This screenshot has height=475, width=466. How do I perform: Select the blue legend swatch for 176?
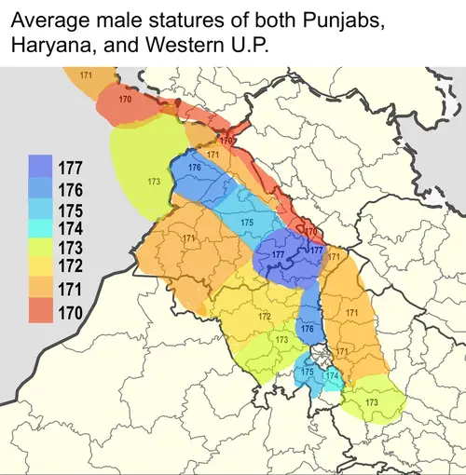(41, 190)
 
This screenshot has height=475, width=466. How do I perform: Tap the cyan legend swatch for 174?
(41, 230)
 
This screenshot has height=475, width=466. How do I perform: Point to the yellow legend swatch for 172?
(41, 270)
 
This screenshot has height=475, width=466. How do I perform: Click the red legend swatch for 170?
(41, 310)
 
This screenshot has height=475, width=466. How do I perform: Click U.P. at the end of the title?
(244, 46)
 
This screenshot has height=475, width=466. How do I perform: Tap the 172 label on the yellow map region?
(265, 318)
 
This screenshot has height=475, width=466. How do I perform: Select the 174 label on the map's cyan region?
(332, 374)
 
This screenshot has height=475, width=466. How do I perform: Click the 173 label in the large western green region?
(153, 180)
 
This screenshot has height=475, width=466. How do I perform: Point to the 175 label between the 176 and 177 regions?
(247, 223)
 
